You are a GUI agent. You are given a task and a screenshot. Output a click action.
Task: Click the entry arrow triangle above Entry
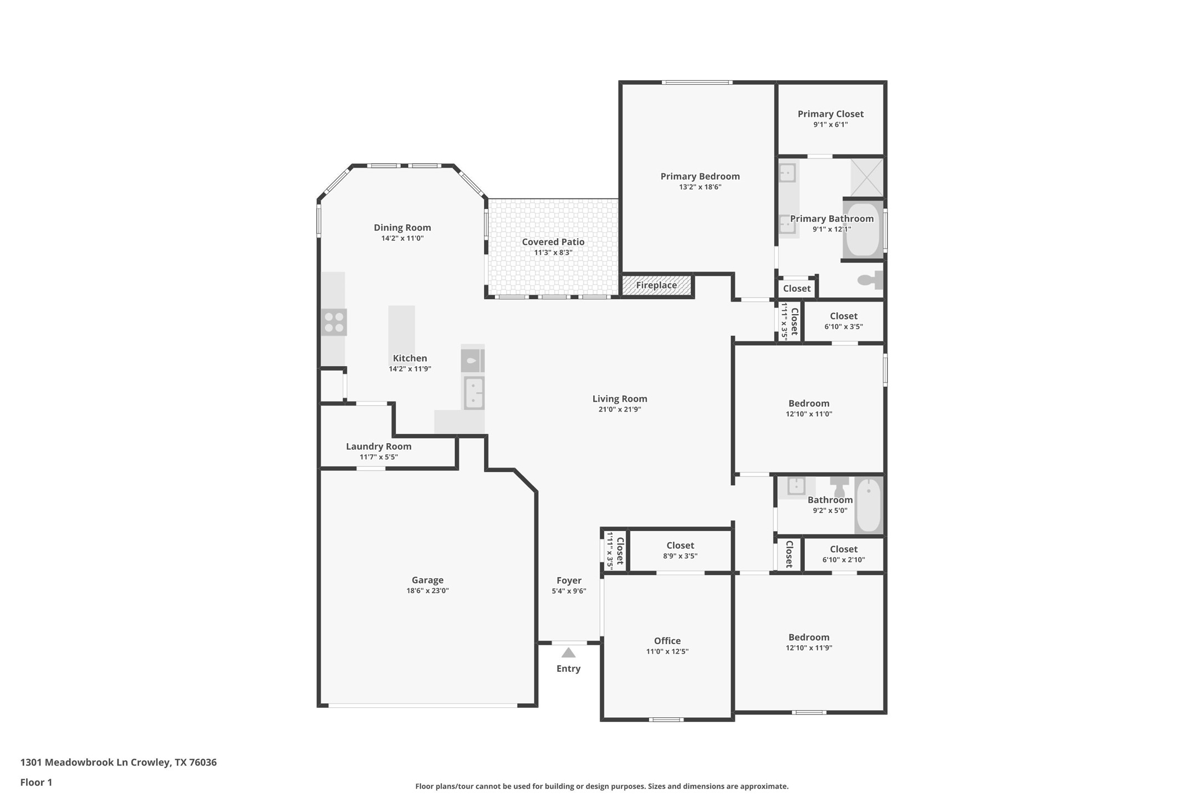pyautogui.click(x=568, y=653)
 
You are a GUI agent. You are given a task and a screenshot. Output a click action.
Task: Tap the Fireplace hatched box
pyautogui.click(x=656, y=285)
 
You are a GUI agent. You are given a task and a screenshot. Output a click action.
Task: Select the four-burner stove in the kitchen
pyautogui.click(x=334, y=322)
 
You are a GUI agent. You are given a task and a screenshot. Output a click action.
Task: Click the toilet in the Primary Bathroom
pyautogui.click(x=871, y=280)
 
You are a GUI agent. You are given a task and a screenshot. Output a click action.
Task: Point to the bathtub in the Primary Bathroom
pyautogui.click(x=863, y=229)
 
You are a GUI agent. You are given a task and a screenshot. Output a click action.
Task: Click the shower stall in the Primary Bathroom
pyautogui.click(x=866, y=177)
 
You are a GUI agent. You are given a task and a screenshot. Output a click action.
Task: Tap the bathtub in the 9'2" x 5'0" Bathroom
pyautogui.click(x=868, y=505)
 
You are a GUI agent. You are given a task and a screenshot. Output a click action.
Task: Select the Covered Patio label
pyautogui.click(x=553, y=242)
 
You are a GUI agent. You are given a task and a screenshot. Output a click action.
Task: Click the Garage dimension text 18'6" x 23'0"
pyautogui.click(x=427, y=591)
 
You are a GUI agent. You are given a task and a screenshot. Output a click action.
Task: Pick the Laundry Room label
pyautogui.click(x=379, y=446)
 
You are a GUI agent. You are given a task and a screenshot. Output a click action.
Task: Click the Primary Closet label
pyautogui.click(x=830, y=114)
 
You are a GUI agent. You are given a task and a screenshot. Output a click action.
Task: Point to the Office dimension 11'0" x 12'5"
pyautogui.click(x=667, y=651)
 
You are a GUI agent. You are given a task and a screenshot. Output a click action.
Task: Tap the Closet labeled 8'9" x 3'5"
pyautogui.click(x=680, y=550)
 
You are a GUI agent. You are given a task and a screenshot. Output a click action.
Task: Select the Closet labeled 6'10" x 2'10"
pyautogui.click(x=843, y=554)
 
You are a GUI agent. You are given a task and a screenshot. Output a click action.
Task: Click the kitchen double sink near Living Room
pyautogui.click(x=474, y=393)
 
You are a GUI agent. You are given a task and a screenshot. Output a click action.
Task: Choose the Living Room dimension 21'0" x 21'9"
pyautogui.click(x=619, y=409)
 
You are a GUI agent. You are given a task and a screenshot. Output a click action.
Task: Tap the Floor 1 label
pyautogui.click(x=36, y=783)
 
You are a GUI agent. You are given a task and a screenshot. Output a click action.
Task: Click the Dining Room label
pyautogui.click(x=402, y=228)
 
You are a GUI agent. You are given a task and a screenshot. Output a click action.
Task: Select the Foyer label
pyautogui.click(x=569, y=580)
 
